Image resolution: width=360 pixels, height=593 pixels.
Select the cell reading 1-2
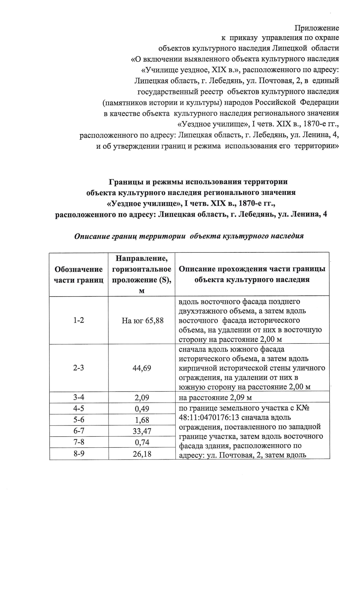click(x=79, y=320)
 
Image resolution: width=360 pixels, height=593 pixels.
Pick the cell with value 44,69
click(x=142, y=368)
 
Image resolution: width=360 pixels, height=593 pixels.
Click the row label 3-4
click(x=79, y=398)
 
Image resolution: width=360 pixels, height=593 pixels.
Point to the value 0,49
click(x=142, y=409)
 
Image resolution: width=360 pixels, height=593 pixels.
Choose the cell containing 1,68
click(x=142, y=420)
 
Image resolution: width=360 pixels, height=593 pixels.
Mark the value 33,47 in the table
click(x=142, y=431)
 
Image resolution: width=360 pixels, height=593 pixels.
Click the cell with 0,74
click(x=142, y=442)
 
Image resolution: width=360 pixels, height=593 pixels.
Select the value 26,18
click(x=142, y=454)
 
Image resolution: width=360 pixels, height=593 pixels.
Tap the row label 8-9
click(x=79, y=454)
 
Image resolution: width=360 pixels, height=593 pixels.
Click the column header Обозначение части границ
click(x=79, y=274)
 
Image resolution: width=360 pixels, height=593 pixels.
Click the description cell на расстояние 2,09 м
click(x=215, y=398)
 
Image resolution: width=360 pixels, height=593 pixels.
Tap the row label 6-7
click(x=79, y=431)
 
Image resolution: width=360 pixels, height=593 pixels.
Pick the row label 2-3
click(x=79, y=368)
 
